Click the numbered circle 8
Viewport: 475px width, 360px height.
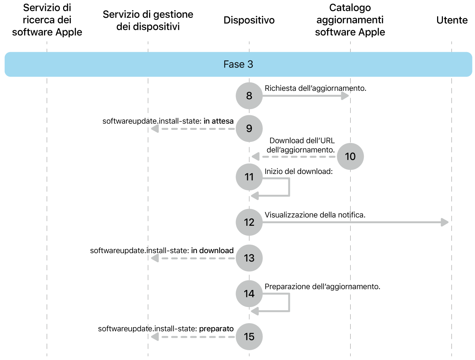pyautogui.click(x=249, y=96)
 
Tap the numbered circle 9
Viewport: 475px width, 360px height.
pyautogui.click(x=249, y=128)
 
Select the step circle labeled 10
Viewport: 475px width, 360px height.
pyautogui.click(x=350, y=156)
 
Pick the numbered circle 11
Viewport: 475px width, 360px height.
pyautogui.click(x=249, y=177)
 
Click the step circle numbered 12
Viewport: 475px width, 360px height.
pyautogui.click(x=249, y=222)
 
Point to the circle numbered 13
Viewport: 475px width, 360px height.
pyautogui.click(x=249, y=258)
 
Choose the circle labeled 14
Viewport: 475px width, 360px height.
pyautogui.click(x=249, y=294)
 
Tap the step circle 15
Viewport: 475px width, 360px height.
pyautogui.click(x=249, y=336)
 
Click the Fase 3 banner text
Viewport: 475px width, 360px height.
pyautogui.click(x=238, y=64)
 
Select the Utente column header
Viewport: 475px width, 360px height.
pyautogui.click(x=452, y=20)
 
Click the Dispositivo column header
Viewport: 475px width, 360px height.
pyautogui.click(x=249, y=20)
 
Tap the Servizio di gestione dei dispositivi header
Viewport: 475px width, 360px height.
pyautogui.click(x=148, y=20)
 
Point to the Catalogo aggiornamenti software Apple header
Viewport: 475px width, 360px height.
pyautogui.click(x=350, y=20)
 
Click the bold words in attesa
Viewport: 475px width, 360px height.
pyautogui.click(x=218, y=121)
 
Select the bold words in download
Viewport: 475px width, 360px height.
pyautogui.click(x=212, y=251)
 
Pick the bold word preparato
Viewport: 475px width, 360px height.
pyautogui.click(x=216, y=329)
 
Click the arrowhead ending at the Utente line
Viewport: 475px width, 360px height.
pyautogui.click(x=445, y=222)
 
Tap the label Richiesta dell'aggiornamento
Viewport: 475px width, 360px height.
pyautogui.click(x=315, y=88)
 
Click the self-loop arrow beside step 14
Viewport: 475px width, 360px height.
pyautogui.click(x=289, y=303)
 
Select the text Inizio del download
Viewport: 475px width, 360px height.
pyautogui.click(x=299, y=171)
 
